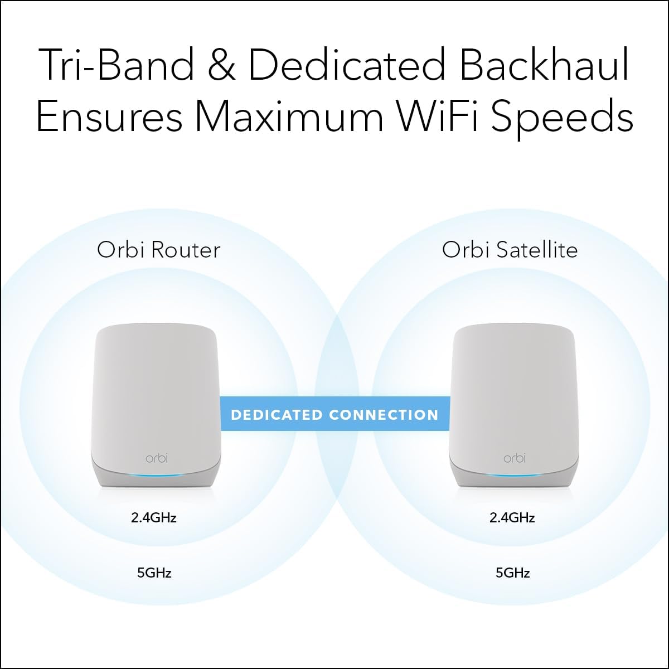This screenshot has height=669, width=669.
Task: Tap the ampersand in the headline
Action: click(220, 66)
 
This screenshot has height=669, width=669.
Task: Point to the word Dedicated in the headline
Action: click(347, 66)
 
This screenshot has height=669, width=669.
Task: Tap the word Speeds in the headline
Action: click(563, 118)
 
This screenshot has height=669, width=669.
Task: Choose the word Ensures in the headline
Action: click(109, 117)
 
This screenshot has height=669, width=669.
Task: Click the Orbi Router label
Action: click(159, 250)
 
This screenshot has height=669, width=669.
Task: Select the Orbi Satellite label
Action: click(510, 250)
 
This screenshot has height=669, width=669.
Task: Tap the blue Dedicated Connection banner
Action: click(335, 414)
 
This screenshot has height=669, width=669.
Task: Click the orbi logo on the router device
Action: click(156, 458)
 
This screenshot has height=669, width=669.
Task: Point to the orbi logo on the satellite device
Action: click(514, 458)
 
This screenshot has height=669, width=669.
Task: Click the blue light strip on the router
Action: click(156, 474)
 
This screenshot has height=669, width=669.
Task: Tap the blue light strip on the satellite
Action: click(514, 475)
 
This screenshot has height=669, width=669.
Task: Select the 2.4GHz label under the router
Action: click(154, 518)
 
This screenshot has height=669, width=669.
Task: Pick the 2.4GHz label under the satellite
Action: click(512, 518)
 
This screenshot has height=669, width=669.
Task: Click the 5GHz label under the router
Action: click(154, 573)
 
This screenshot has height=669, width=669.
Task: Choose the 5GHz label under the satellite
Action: click(512, 573)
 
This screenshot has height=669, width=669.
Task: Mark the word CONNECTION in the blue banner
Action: click(384, 415)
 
